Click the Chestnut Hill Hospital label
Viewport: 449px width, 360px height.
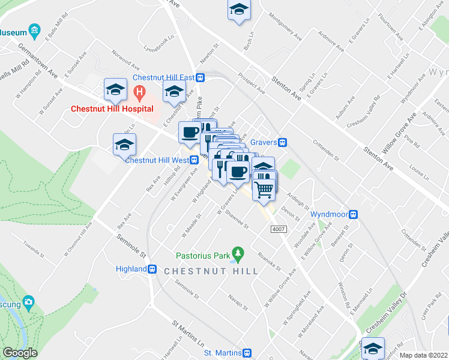[112, 109]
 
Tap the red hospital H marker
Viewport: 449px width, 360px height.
[139, 93]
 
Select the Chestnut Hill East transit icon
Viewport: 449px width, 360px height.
[200, 77]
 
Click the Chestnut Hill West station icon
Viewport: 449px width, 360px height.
[194, 160]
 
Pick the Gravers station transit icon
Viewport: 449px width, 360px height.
[282, 142]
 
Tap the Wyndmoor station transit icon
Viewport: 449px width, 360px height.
[354, 214]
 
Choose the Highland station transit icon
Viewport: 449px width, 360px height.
[152, 269]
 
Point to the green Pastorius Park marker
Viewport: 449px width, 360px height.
[238, 255]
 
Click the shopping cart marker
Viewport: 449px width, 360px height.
[264, 189]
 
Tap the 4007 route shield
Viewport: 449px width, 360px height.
[278, 229]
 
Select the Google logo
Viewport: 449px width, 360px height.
[20, 353]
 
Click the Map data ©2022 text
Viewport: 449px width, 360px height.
[423, 355]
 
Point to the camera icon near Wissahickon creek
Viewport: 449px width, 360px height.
[28, 302]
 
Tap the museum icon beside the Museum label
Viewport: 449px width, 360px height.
[35, 29]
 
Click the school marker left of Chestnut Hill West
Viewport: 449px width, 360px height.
[124, 145]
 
